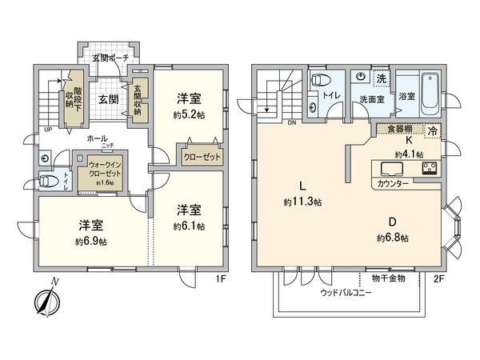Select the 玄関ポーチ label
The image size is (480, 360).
[110, 58]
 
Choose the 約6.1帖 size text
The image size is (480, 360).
[190, 226]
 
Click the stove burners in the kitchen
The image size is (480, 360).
[428, 169]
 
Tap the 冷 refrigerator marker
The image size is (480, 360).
[433, 130]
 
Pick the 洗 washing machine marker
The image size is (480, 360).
[382, 79]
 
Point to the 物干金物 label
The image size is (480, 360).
[389, 278]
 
